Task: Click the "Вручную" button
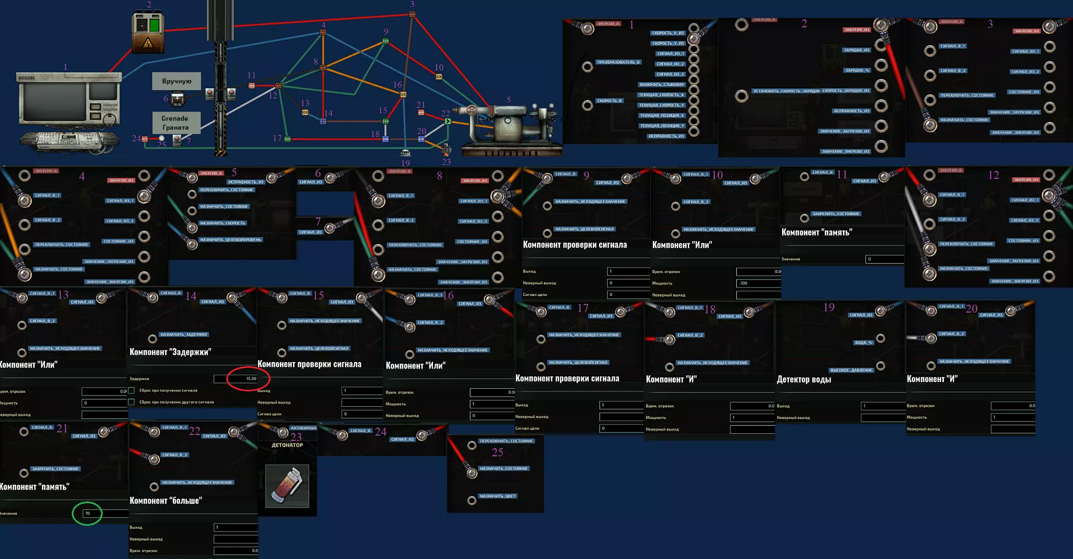tap(176, 81)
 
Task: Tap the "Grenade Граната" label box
tap(175, 123)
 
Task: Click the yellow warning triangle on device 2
tap(148, 44)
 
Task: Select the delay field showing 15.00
tap(242, 378)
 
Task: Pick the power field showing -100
tap(758, 283)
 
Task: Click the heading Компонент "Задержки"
tap(170, 352)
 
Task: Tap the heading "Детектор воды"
tap(803, 380)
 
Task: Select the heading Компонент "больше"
tap(166, 501)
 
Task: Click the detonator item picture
tap(287, 486)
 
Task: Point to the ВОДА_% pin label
tap(863, 343)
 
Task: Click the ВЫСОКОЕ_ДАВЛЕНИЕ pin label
tap(851, 370)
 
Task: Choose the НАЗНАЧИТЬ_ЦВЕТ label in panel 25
tap(497, 496)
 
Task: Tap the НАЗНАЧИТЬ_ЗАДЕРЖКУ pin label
tap(183, 334)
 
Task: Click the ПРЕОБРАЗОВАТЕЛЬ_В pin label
tap(618, 62)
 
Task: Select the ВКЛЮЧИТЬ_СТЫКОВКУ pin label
tap(662, 85)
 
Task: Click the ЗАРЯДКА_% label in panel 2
tap(857, 70)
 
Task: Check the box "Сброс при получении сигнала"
tap(132, 390)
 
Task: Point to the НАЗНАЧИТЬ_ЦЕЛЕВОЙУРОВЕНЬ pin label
tap(231, 239)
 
